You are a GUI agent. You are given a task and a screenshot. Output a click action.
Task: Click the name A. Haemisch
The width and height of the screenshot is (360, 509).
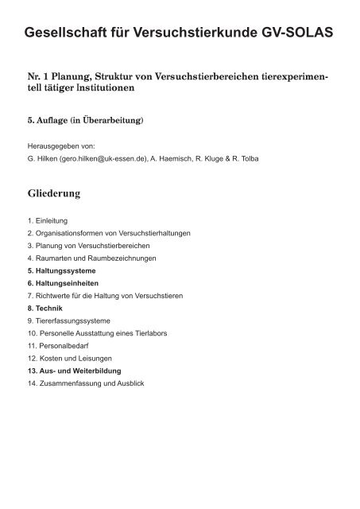[x=188, y=158]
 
